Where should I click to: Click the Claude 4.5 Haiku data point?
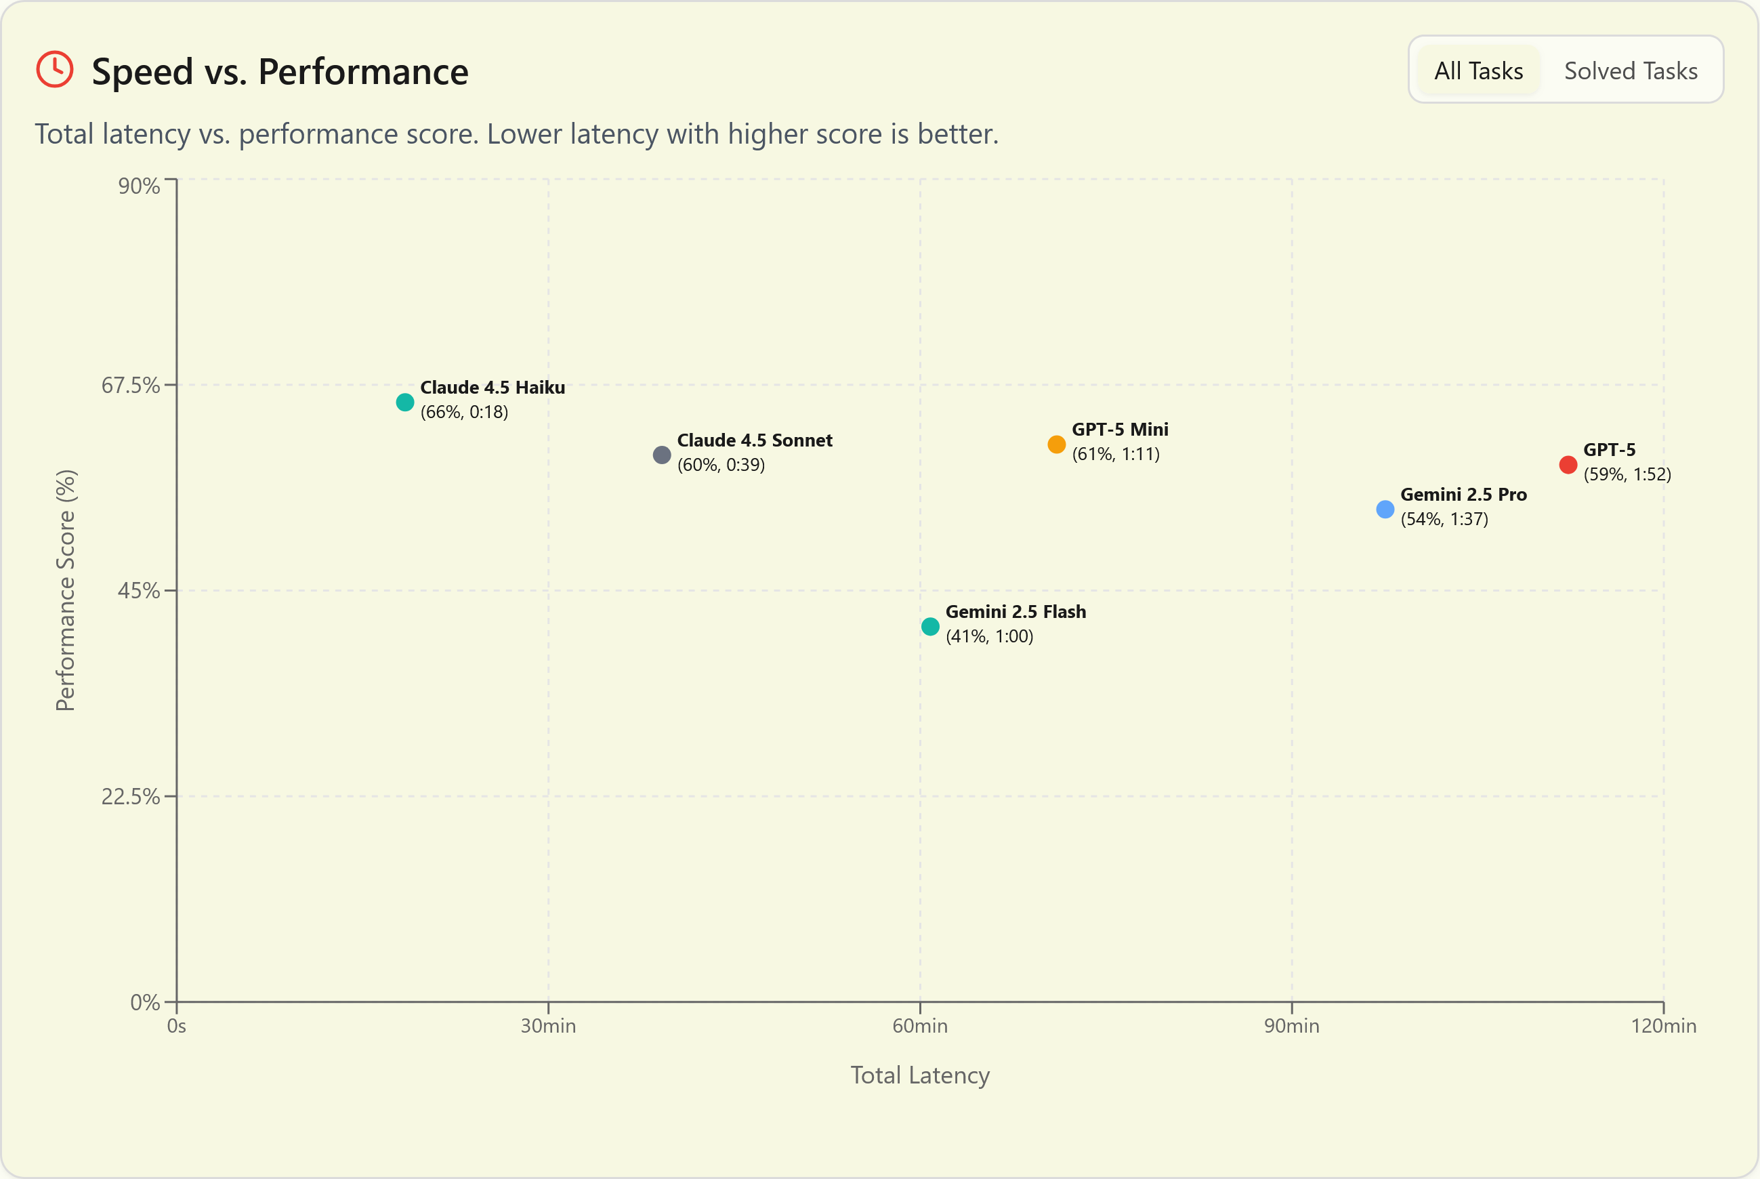(x=404, y=402)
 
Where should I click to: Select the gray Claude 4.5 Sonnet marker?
(x=662, y=455)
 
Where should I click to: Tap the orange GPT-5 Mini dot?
(x=1056, y=444)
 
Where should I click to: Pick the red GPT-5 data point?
(x=1568, y=465)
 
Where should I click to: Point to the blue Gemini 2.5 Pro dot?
(x=1385, y=509)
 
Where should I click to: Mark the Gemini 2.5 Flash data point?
(x=930, y=626)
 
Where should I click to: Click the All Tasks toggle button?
(x=1478, y=70)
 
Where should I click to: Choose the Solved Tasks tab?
(x=1630, y=70)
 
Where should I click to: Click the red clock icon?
(x=55, y=70)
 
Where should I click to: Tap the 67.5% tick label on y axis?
(x=131, y=385)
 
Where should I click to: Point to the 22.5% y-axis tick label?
(x=131, y=796)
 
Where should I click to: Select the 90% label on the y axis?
(x=139, y=186)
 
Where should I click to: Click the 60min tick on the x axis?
(x=919, y=1026)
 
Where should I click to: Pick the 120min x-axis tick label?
(x=1663, y=1026)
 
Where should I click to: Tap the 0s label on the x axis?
(x=177, y=1026)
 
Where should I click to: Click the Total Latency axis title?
(x=919, y=1075)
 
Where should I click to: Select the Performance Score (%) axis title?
(x=66, y=590)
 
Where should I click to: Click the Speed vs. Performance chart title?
(x=280, y=73)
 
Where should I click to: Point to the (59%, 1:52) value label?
(x=1627, y=474)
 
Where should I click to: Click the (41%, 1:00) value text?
(x=989, y=636)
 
